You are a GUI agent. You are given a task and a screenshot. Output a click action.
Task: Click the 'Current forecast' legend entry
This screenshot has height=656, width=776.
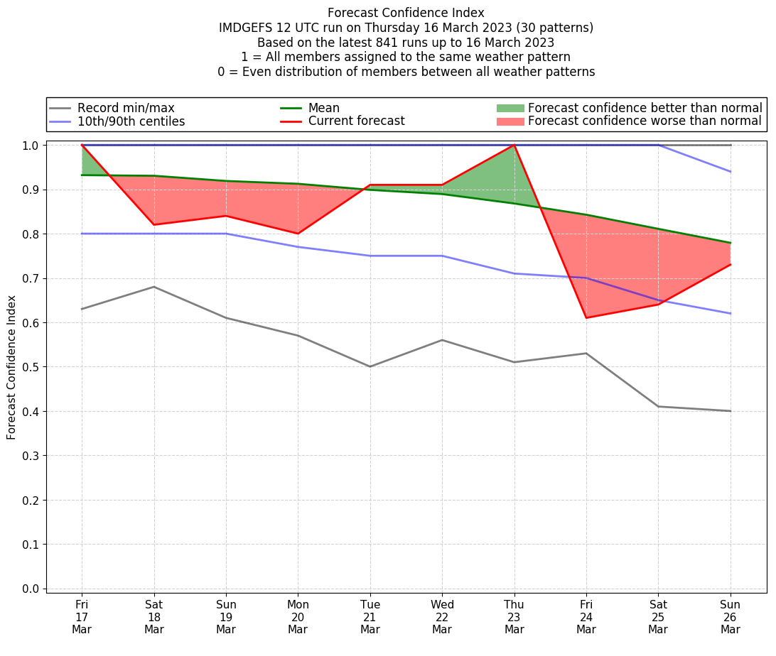click(x=356, y=121)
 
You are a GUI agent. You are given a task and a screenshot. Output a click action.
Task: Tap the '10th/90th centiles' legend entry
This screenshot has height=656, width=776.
click(x=131, y=121)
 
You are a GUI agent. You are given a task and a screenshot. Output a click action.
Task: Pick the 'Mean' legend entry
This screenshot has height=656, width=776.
click(x=323, y=108)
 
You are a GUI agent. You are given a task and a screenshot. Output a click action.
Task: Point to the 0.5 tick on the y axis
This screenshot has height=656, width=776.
click(x=33, y=367)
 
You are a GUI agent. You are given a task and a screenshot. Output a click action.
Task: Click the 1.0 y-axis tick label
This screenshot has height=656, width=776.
click(x=33, y=145)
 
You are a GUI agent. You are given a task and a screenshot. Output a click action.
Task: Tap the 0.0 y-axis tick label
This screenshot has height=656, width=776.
click(x=33, y=589)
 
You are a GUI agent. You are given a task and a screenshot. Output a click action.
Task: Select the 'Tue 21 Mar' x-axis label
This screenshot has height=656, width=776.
click(x=370, y=617)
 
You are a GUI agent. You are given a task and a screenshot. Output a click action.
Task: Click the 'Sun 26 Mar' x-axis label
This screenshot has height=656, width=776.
click(x=731, y=617)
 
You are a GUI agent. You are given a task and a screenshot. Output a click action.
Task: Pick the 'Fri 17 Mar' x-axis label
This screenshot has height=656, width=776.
click(x=82, y=617)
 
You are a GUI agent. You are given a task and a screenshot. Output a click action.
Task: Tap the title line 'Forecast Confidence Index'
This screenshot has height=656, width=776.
click(x=406, y=13)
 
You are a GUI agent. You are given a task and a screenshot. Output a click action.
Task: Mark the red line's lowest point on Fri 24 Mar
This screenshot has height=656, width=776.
click(x=586, y=317)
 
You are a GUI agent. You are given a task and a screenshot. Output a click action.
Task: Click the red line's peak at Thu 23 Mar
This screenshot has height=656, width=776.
click(x=514, y=145)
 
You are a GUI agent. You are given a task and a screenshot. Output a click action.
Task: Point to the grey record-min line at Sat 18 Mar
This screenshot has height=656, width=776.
click(x=154, y=287)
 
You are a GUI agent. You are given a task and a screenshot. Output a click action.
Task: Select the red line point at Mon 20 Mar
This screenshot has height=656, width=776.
click(x=298, y=234)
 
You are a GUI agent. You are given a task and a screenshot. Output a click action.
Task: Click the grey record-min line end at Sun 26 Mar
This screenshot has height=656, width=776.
click(x=731, y=411)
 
